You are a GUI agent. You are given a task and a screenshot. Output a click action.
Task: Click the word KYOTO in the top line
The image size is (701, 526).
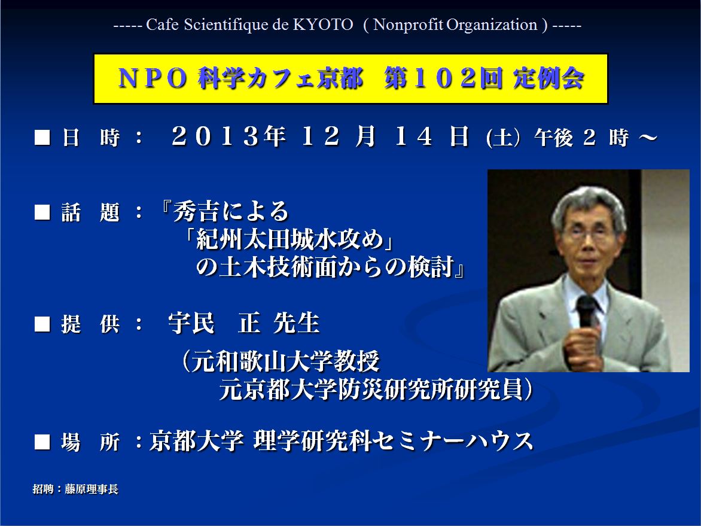pyautogui.click(x=323, y=25)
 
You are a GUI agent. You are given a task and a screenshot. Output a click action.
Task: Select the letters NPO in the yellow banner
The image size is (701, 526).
pyautogui.click(x=153, y=78)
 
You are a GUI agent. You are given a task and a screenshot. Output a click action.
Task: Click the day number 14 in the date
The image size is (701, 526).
pyautogui.click(x=413, y=136)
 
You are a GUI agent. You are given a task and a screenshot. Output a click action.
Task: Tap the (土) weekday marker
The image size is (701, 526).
pyautogui.click(x=503, y=137)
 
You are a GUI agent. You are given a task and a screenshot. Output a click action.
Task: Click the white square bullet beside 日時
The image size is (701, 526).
pyautogui.click(x=42, y=137)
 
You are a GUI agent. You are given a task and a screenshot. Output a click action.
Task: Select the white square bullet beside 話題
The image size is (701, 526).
pyautogui.click(x=42, y=212)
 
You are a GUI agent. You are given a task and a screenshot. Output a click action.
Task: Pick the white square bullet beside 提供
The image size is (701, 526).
pyautogui.click(x=42, y=324)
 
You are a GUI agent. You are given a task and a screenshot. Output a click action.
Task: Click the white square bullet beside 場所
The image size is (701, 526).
pyautogui.click(x=42, y=442)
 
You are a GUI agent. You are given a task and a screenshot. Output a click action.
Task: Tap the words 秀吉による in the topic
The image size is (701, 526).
pyautogui.click(x=231, y=211)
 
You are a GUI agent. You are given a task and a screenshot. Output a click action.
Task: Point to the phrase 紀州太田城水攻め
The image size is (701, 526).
pyautogui.click(x=290, y=239)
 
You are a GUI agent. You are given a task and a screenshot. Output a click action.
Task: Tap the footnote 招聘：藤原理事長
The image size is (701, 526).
pyautogui.click(x=75, y=489)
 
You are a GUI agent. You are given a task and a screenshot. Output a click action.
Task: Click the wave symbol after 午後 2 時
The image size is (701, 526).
pyautogui.click(x=648, y=137)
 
